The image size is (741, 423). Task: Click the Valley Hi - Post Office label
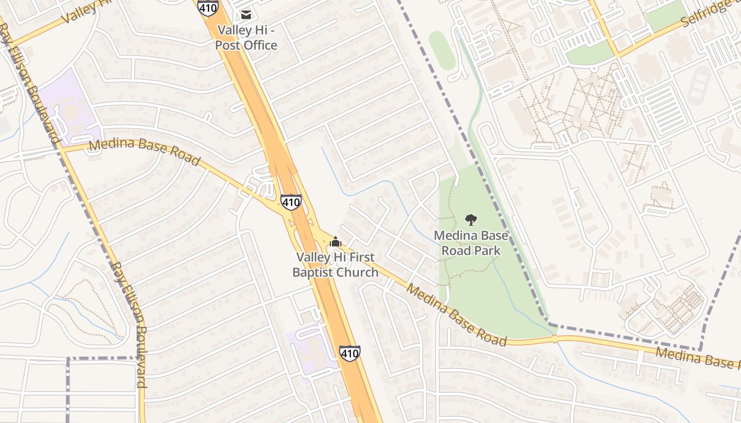point(246,38)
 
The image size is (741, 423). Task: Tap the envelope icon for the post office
point(246,14)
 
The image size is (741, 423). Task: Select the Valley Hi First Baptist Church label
point(335,265)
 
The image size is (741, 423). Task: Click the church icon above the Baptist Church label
point(335,243)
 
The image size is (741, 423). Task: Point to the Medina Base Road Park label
point(471,243)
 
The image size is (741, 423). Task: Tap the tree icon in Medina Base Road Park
point(470,220)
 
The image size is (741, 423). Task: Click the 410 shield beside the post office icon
point(207,6)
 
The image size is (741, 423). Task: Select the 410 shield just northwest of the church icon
point(291,202)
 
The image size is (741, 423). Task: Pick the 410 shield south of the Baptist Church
point(350,353)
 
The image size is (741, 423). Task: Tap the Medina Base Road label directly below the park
point(456,316)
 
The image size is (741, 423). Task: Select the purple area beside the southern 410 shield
point(312,349)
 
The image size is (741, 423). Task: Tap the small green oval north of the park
point(442,50)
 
